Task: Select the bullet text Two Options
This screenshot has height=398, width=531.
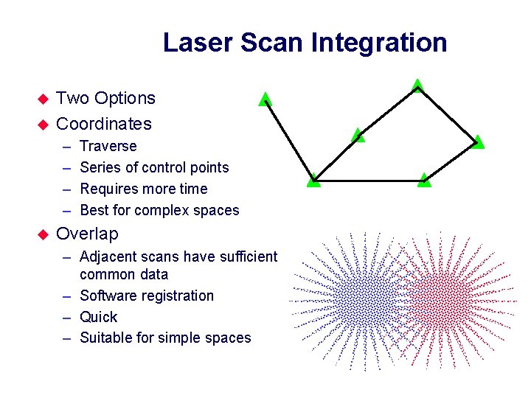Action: pos(105,98)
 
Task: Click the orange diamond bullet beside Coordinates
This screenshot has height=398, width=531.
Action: pos(42,124)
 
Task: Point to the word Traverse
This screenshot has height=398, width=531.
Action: pos(108,146)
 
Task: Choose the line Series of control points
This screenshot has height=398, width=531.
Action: pos(154,167)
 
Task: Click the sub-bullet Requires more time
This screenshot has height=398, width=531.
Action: pos(143,189)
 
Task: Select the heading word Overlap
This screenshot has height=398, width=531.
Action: pos(87,234)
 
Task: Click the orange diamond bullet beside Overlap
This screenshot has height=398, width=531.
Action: pos(42,234)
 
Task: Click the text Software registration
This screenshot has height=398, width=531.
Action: pos(146,296)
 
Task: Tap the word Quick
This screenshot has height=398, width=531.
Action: pos(98,317)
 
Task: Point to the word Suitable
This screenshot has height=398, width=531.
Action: pos(105,338)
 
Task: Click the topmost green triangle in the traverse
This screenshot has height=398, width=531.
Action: pos(417,86)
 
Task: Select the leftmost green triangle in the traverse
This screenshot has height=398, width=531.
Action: pos(265,99)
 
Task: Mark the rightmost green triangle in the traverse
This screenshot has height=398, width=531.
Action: pos(478,142)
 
